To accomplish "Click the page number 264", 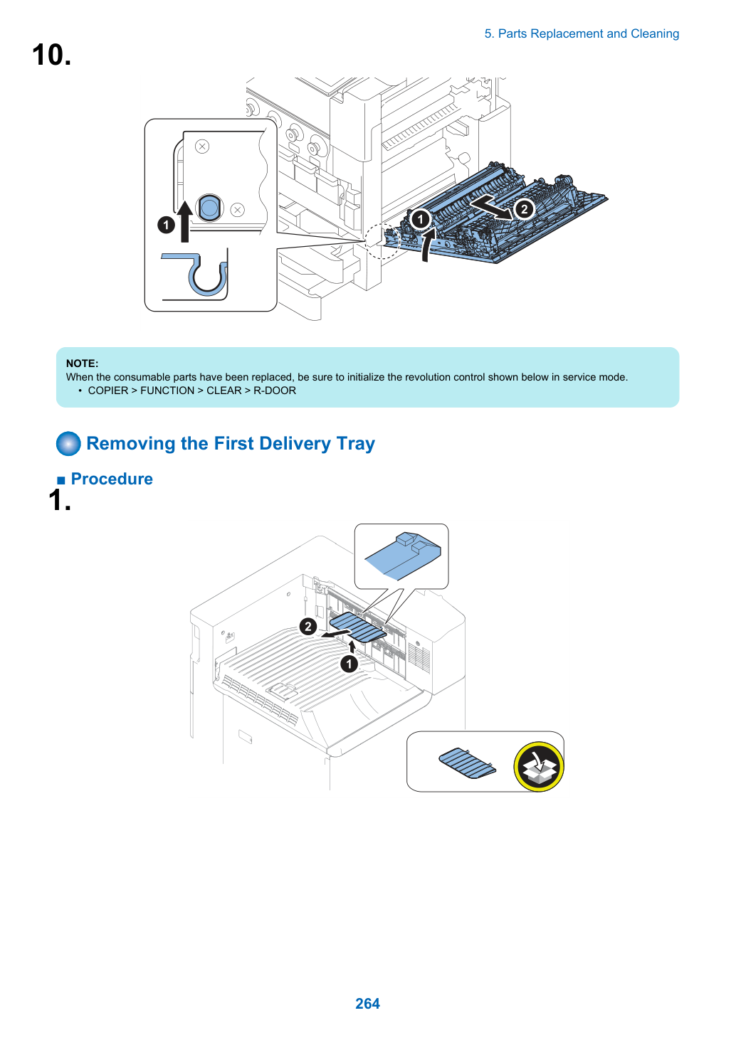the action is pos(367,1003).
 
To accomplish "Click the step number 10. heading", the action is pos(51,55).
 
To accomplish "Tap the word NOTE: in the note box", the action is pos(83,364).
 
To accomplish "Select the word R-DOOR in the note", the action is pos(275,391).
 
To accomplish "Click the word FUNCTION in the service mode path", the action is pos(167,391).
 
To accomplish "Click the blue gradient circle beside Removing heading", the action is pos(68,443).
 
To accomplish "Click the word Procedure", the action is pos(112,479).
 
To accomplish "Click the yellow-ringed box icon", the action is pos(539,767).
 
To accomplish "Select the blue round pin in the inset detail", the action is pos(209,208).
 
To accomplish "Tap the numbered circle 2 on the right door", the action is pos(524,209).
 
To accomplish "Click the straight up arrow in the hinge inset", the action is pos(185,221).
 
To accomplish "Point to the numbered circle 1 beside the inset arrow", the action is pos(166,225).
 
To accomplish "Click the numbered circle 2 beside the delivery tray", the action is pos(307,627).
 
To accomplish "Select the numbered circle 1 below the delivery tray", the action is pos(349,664).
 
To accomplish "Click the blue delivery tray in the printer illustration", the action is pos(358,627).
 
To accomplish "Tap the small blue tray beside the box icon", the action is pos(468,763).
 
